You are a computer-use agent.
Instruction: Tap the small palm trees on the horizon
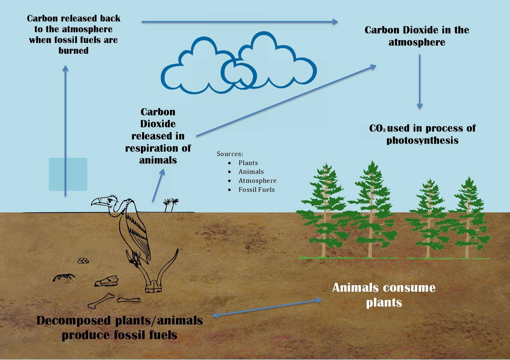171,205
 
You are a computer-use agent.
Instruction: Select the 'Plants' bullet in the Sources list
248,163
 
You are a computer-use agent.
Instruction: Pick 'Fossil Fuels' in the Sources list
256,190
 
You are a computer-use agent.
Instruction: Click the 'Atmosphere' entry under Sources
257,181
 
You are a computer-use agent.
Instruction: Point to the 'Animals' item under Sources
251,172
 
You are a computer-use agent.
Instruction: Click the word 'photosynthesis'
422,141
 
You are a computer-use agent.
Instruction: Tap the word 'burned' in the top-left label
73,51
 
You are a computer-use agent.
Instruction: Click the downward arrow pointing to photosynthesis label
419,81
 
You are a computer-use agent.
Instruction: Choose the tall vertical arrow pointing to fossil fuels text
65,131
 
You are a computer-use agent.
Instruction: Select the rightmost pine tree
468,218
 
